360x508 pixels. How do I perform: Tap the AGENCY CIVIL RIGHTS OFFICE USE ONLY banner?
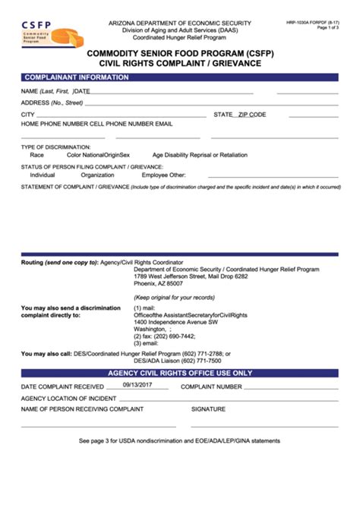coord(179,373)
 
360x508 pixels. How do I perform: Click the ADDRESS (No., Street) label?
coord(52,102)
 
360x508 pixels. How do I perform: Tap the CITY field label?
coord(28,114)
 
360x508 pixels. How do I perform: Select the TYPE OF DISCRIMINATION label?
coord(55,147)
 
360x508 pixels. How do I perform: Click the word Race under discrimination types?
coord(36,154)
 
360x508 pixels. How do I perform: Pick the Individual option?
coord(43,175)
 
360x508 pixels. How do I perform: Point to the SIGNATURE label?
coord(208,409)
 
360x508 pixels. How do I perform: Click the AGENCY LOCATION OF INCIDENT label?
coord(69,398)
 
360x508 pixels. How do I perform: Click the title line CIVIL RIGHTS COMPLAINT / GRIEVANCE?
coord(180,64)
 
